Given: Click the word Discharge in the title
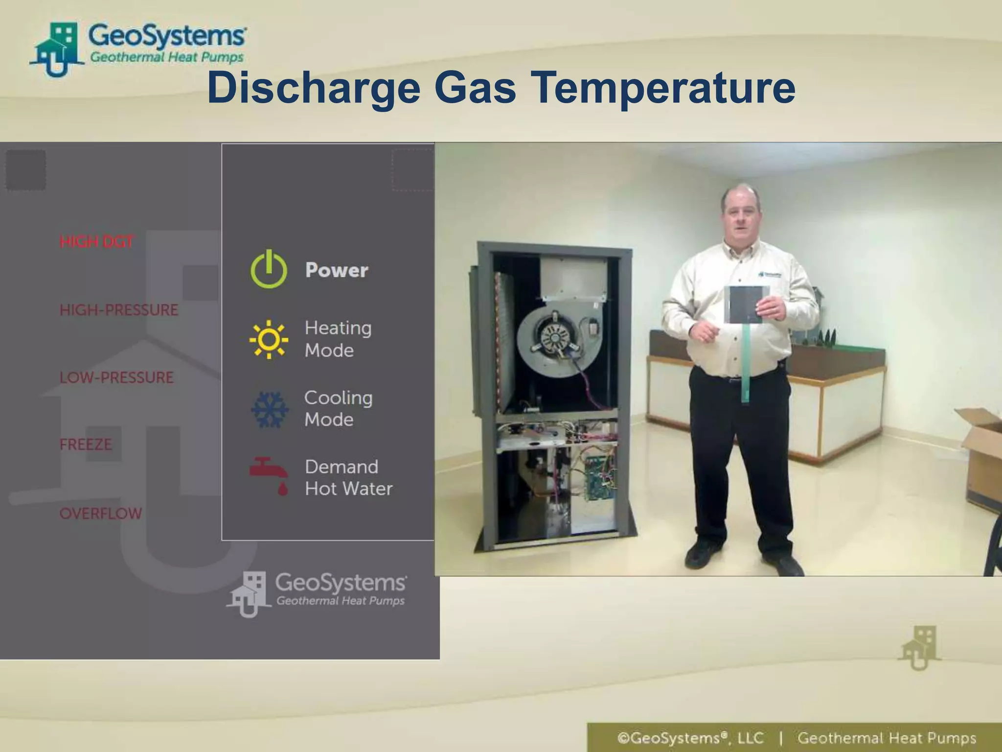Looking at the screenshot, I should (x=313, y=88).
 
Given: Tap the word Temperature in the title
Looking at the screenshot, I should (x=663, y=88).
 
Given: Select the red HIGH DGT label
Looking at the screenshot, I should (x=96, y=241).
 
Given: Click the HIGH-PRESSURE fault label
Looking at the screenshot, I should (x=119, y=310).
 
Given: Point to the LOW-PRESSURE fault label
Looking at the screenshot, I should (x=116, y=377).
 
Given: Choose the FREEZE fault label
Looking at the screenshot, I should (x=86, y=445).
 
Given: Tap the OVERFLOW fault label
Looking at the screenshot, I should (x=101, y=514).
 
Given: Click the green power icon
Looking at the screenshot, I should (x=269, y=269).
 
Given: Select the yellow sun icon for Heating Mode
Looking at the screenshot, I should (x=269, y=339).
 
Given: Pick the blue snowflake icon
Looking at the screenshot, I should (x=269, y=409).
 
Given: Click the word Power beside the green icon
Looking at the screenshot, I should (x=337, y=270).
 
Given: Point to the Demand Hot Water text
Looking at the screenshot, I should (x=348, y=477).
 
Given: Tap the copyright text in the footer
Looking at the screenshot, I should (x=690, y=738).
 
